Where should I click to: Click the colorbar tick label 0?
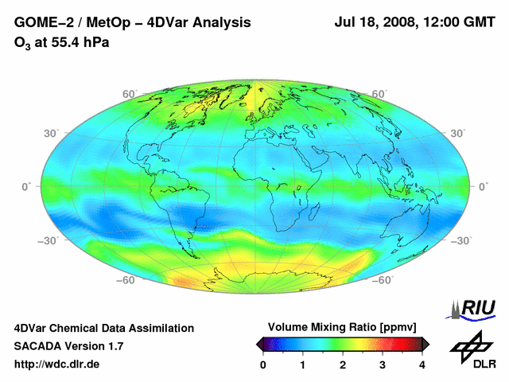click(x=263, y=364)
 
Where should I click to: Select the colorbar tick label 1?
click(x=303, y=364)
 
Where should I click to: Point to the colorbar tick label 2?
click(x=343, y=364)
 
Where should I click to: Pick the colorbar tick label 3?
click(x=383, y=364)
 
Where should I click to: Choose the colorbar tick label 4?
click(x=422, y=364)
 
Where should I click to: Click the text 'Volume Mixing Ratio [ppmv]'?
click(x=343, y=327)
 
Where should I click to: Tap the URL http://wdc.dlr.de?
click(x=57, y=364)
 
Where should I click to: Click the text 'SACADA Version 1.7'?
click(x=68, y=346)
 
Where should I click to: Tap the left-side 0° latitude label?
click(x=25, y=186)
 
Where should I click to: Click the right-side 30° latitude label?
click(x=457, y=133)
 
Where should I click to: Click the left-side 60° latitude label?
click(x=127, y=93)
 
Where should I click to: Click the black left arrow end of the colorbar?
click(x=259, y=344)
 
